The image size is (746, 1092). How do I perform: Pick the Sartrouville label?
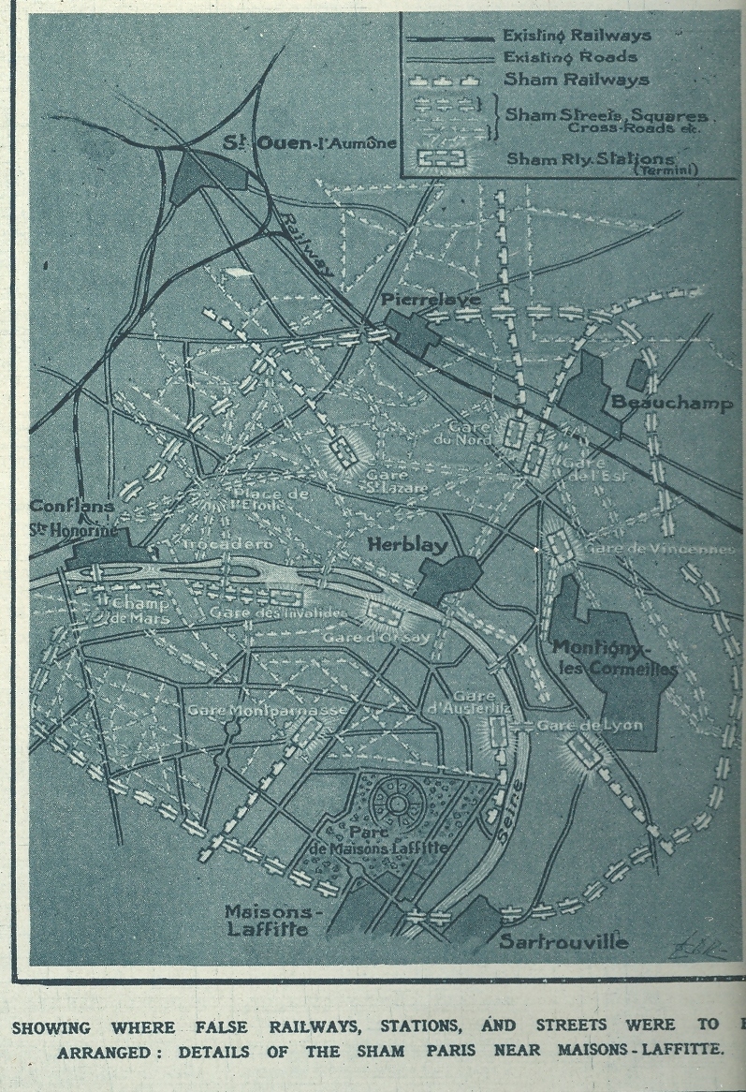pos(563,941)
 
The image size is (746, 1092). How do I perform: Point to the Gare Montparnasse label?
pos(266,710)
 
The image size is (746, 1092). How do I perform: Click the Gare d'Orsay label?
pos(365,637)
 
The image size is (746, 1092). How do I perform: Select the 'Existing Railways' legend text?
pos(576,36)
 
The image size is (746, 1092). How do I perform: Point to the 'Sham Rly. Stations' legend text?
pos(590,160)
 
